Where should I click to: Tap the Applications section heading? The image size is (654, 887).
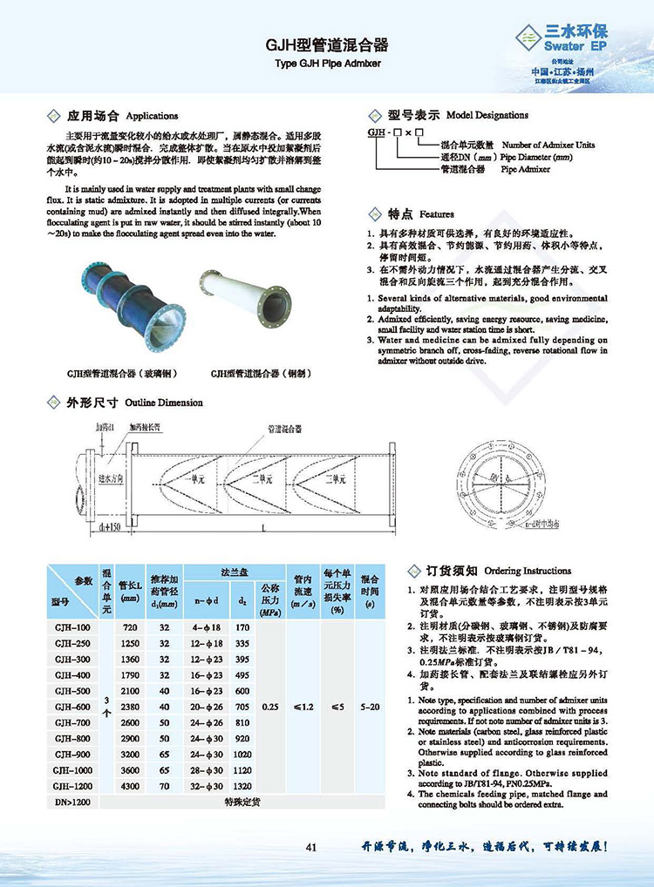point(122,115)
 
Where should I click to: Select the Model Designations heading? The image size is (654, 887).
point(459,114)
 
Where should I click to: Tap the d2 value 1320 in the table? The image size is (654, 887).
point(242,784)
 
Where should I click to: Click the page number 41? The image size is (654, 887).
point(311,847)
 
